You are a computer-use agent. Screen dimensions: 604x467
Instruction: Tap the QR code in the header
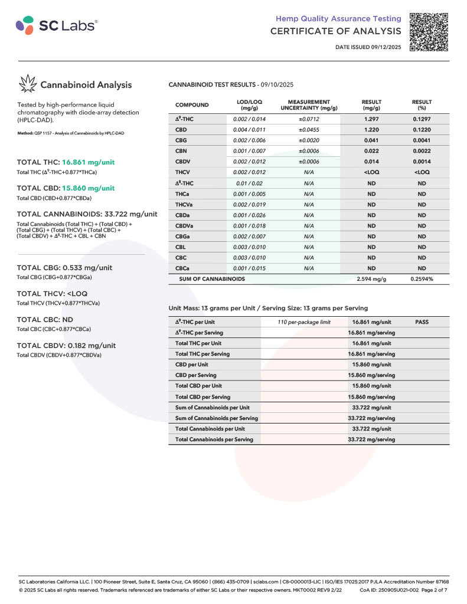pos(429,31)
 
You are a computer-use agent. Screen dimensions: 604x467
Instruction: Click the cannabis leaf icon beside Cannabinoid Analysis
pos(27,84)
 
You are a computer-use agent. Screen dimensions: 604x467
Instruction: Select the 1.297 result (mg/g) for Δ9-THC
pos(371,119)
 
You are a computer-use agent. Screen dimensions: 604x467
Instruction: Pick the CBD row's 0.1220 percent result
pos(422,130)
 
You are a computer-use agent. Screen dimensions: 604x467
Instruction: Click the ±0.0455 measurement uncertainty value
pos(309,130)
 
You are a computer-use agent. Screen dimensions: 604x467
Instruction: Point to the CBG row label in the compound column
pos(181,140)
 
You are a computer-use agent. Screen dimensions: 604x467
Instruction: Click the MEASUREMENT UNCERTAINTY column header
pos(309,105)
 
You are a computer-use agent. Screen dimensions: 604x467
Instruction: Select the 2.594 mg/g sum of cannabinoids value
pos(371,279)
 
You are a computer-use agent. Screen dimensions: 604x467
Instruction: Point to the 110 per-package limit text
pos(304,322)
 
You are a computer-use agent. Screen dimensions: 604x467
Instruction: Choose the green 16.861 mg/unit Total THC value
pos(88,162)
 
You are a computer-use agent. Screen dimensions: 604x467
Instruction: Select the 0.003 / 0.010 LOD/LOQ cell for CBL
pos(249,247)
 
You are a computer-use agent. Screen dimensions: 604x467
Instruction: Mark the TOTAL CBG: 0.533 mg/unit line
pos(64,268)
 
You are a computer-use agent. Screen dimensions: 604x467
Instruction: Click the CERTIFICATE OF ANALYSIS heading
pos(335,31)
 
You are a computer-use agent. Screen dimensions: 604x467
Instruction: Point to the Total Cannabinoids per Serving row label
pos(214,439)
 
